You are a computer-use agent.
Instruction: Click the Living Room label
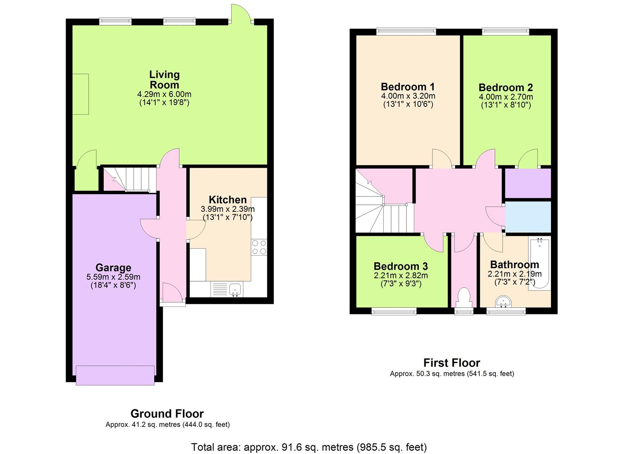[x=164, y=80]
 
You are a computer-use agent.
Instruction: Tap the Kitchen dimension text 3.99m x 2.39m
[x=228, y=209]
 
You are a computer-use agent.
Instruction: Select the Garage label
[x=113, y=267]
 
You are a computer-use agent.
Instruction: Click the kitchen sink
[x=235, y=289]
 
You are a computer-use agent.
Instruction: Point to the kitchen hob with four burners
[x=259, y=247]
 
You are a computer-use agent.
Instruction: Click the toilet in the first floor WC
[x=464, y=298]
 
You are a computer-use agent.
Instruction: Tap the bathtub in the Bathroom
[x=540, y=264]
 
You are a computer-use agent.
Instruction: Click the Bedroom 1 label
[x=408, y=87]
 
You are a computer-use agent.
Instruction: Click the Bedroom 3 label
[x=400, y=266]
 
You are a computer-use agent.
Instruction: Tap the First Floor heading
[x=452, y=363]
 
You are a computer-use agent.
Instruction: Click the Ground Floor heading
[x=167, y=414]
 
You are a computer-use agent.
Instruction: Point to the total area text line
[x=309, y=447]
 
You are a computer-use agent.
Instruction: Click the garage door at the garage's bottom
[x=115, y=375]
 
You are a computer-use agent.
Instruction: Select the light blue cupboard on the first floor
[x=528, y=217]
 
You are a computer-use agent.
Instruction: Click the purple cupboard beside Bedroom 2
[x=528, y=183]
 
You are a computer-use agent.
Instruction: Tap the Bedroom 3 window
[x=394, y=311]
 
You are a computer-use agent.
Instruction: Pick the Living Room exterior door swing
[x=241, y=13]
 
